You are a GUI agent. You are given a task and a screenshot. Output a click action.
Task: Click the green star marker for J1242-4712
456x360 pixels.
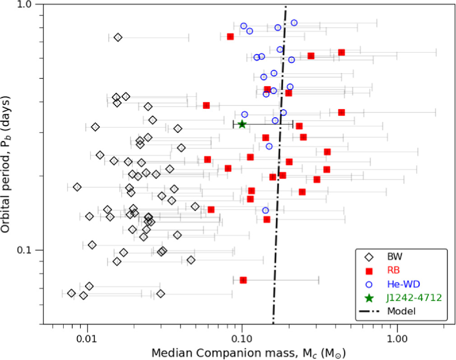[242, 124]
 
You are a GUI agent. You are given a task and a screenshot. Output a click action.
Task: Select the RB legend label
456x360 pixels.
[395, 271]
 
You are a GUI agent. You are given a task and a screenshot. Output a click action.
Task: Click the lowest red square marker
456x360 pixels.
[243, 280]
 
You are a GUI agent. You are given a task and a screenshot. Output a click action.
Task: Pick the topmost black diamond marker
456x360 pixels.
[118, 37]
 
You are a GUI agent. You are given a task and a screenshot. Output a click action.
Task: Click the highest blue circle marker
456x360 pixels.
[294, 23]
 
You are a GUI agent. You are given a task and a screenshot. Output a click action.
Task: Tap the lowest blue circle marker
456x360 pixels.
[265, 210]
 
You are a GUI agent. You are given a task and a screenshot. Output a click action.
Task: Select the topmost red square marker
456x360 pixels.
[230, 37]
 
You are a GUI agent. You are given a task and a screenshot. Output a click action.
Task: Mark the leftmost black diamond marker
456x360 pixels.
[71, 293]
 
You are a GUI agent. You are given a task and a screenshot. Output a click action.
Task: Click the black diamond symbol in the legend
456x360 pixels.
[369, 257]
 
